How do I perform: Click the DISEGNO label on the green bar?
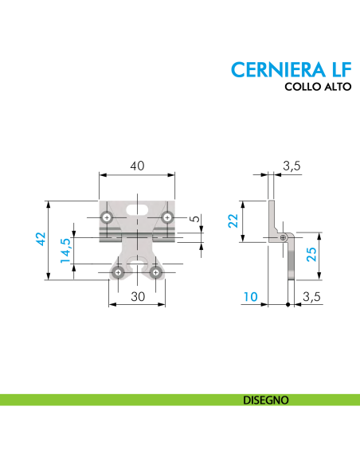tap(266, 399)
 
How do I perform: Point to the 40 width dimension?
tap(137, 165)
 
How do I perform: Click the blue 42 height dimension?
tap(41, 239)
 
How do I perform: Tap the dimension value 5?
tap(196, 220)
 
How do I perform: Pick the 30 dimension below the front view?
tap(137, 296)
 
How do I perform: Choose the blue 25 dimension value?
tap(312, 255)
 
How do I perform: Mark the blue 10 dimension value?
tap(250, 296)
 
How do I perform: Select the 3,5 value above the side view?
tap(291, 166)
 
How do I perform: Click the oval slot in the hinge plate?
tap(137, 209)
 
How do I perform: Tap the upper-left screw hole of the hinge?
tap(107, 217)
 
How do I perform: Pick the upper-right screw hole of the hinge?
tap(167, 217)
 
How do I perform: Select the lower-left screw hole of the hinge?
tap(118, 273)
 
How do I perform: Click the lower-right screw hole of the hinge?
tap(156, 273)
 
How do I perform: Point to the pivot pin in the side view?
tap(284, 236)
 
